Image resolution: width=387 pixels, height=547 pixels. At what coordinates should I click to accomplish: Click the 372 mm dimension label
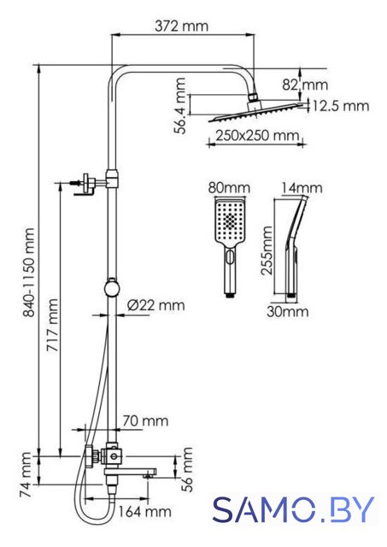click(182, 26)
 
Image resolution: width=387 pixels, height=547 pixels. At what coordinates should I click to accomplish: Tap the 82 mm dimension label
click(305, 85)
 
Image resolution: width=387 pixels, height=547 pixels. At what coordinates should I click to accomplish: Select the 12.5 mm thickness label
click(340, 106)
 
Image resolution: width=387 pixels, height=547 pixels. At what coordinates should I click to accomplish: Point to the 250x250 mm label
click(257, 135)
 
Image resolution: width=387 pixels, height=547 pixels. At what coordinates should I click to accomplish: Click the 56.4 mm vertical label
click(180, 106)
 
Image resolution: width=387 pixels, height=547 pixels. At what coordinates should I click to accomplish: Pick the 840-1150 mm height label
click(28, 273)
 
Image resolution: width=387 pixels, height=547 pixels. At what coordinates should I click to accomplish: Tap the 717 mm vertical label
click(53, 325)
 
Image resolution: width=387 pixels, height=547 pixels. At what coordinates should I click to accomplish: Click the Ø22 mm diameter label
click(155, 306)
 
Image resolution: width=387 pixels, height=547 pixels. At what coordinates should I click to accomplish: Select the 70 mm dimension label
click(145, 421)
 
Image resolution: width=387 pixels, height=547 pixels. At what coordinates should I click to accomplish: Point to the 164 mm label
click(144, 512)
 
